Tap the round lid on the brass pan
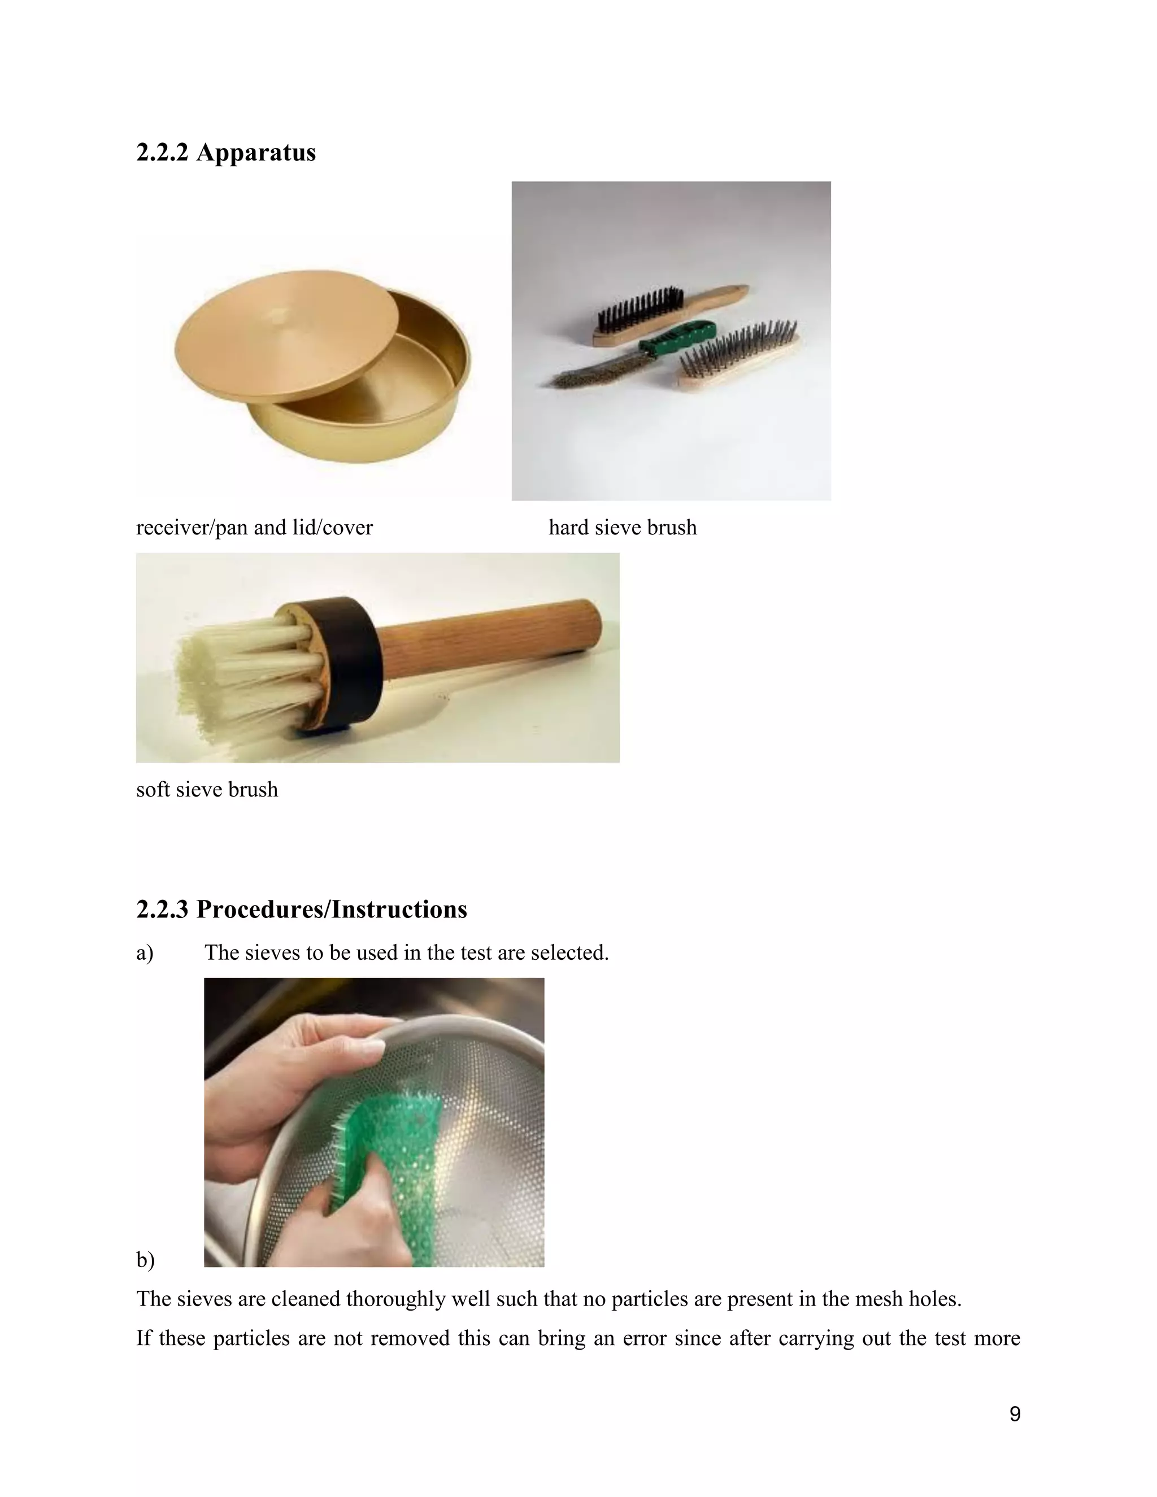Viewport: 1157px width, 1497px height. (x=286, y=334)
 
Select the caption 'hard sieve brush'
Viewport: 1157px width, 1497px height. (x=623, y=527)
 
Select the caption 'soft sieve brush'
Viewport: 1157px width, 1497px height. (x=207, y=789)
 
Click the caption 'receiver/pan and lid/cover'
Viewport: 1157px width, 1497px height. (x=254, y=527)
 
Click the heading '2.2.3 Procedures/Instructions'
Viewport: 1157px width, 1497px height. (x=302, y=909)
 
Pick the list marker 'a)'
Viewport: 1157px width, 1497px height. (x=145, y=953)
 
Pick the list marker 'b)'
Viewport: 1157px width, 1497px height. (x=145, y=1260)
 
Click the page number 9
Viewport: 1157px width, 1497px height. (x=1015, y=1413)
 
